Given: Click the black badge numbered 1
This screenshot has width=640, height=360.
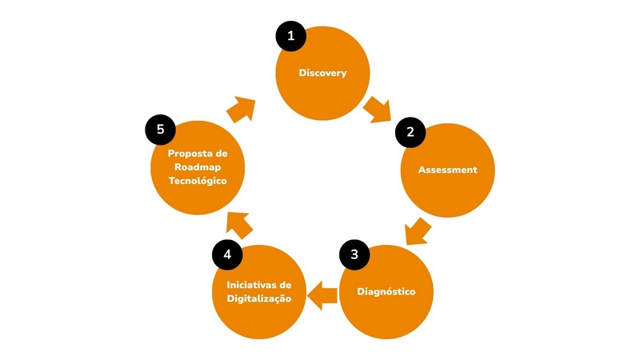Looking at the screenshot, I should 291,35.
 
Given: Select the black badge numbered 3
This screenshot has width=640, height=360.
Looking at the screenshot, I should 354,254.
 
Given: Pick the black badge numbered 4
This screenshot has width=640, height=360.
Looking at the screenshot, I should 227,254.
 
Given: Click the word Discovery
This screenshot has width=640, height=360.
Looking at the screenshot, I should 322,73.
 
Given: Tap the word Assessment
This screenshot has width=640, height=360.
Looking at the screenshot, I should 447,170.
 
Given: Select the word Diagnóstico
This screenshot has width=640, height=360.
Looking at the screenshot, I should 386,290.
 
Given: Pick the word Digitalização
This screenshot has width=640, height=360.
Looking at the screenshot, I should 258,298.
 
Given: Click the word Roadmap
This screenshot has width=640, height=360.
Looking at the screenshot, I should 198,166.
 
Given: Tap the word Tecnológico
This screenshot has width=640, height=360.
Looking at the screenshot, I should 198,181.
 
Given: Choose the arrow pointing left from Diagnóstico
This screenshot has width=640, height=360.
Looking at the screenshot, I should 322,295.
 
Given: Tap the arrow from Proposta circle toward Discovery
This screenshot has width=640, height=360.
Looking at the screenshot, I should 241,109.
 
